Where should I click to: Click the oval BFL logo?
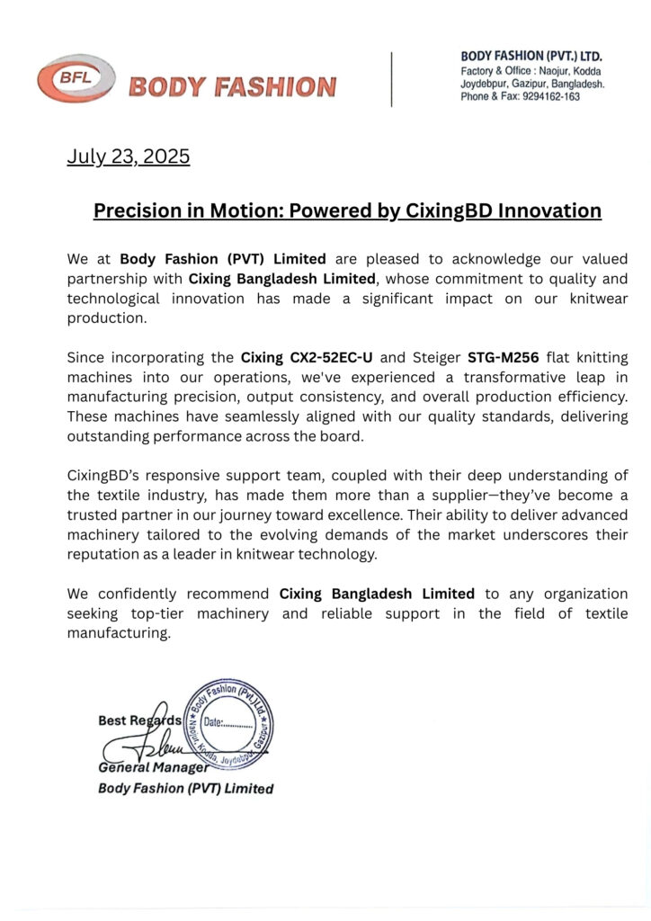[77, 78]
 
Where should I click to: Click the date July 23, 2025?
[129, 156]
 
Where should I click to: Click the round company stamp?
[227, 721]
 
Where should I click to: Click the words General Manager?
[153, 767]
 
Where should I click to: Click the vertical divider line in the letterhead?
[391, 79]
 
